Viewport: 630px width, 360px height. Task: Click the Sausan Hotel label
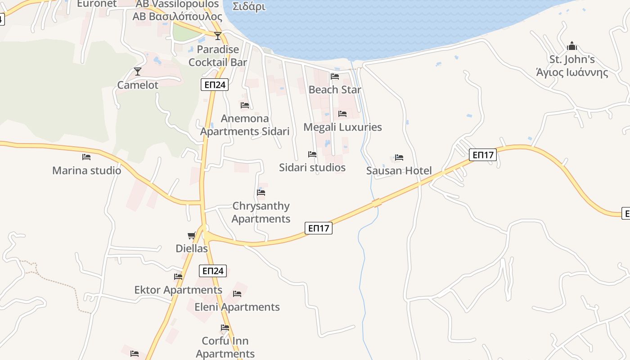coord(399,171)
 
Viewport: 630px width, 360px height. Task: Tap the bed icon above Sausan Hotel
coord(399,157)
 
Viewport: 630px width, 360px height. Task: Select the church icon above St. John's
coord(572,46)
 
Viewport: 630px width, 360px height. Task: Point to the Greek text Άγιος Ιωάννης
coord(572,72)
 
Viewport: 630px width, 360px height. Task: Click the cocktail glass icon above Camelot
coord(138,72)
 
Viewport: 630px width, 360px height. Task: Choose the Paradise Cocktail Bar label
coord(218,56)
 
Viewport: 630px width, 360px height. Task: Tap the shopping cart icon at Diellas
coord(192,235)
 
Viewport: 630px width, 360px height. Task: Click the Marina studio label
coord(86,171)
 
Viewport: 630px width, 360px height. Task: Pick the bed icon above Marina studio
coord(86,157)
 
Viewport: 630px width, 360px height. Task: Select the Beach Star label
coord(335,90)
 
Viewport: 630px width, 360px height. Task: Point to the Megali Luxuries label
coord(342,127)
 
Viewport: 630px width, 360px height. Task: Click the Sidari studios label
coord(312,167)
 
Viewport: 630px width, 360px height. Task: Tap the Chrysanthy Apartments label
coord(261,212)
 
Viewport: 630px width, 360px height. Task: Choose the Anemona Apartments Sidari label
coord(245,125)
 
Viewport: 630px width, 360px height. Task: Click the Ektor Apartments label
coord(178,290)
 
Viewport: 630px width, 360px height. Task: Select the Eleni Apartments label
coord(237,307)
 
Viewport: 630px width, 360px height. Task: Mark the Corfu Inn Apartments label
coord(225,347)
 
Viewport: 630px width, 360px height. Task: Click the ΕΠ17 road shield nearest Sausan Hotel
coord(483,155)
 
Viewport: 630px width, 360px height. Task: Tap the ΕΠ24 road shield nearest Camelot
coord(215,85)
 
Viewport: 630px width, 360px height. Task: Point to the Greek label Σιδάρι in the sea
coord(249,7)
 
